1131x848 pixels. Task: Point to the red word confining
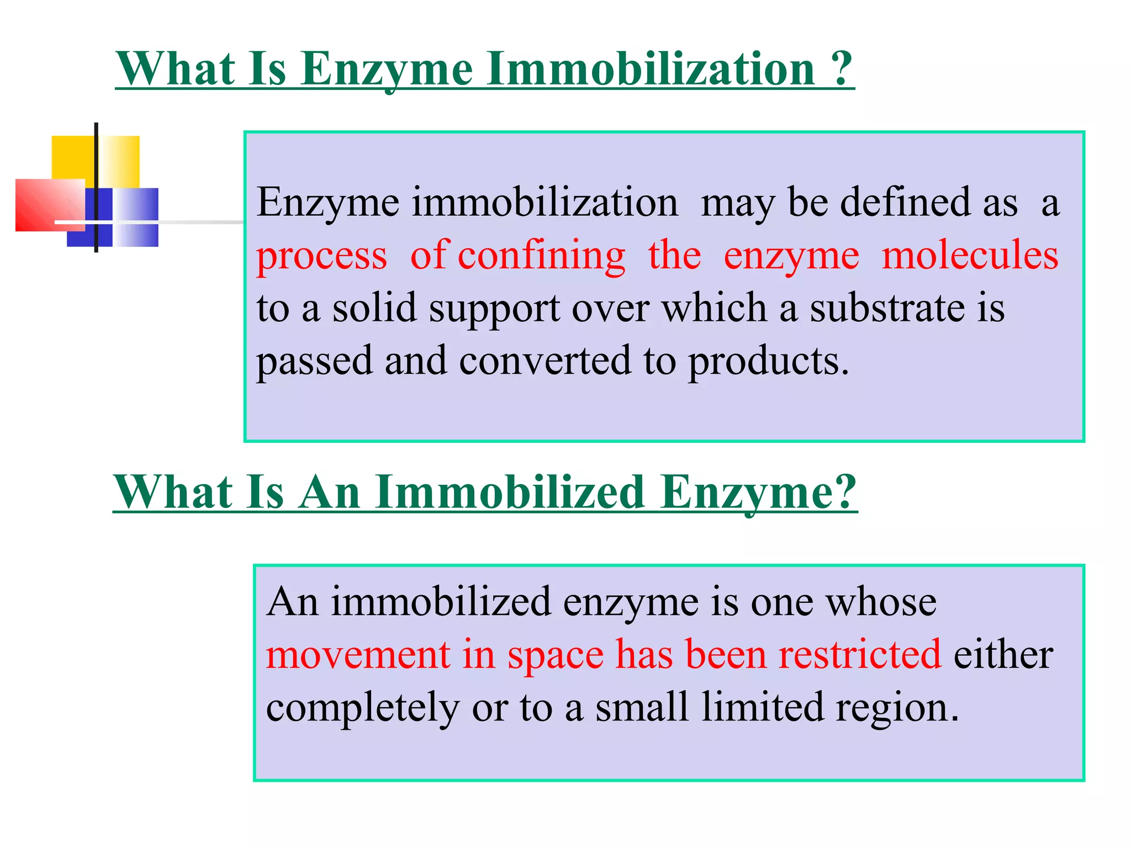pos(541,256)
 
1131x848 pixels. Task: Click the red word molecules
pos(970,255)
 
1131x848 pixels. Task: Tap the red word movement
pos(358,654)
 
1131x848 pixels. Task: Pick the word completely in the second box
pos(362,708)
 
